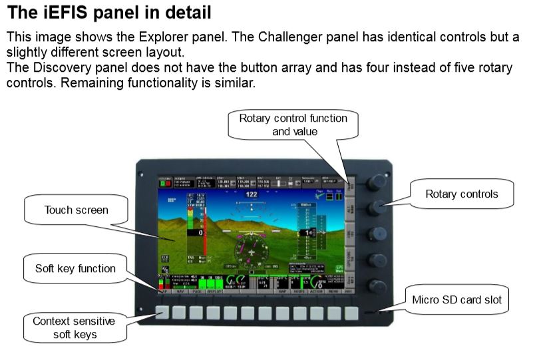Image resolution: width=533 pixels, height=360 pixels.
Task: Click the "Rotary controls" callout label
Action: click(462, 194)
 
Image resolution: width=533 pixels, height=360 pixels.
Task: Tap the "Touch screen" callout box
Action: click(76, 210)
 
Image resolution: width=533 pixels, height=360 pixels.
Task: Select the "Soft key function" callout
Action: click(76, 270)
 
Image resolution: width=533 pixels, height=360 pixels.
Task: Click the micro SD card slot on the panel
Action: click(374, 311)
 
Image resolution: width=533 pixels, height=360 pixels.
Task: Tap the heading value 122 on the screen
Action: click(251, 194)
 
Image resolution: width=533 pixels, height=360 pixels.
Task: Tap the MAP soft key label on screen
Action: click(283, 291)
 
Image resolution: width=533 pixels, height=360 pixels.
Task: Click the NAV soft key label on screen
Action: click(180, 291)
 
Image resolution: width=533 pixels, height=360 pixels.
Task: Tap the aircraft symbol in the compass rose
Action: click(252, 253)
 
